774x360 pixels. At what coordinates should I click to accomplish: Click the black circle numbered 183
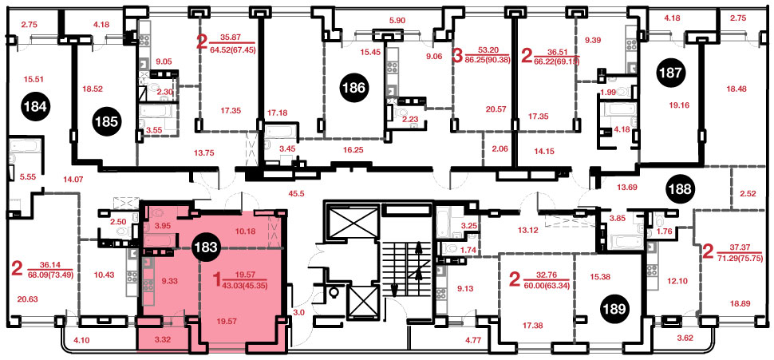pyautogui.click(x=207, y=247)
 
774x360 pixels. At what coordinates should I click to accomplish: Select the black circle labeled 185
pyautogui.click(x=106, y=121)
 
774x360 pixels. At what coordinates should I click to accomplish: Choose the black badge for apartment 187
pyautogui.click(x=671, y=73)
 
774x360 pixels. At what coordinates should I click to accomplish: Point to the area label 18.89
pyautogui.click(x=740, y=306)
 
